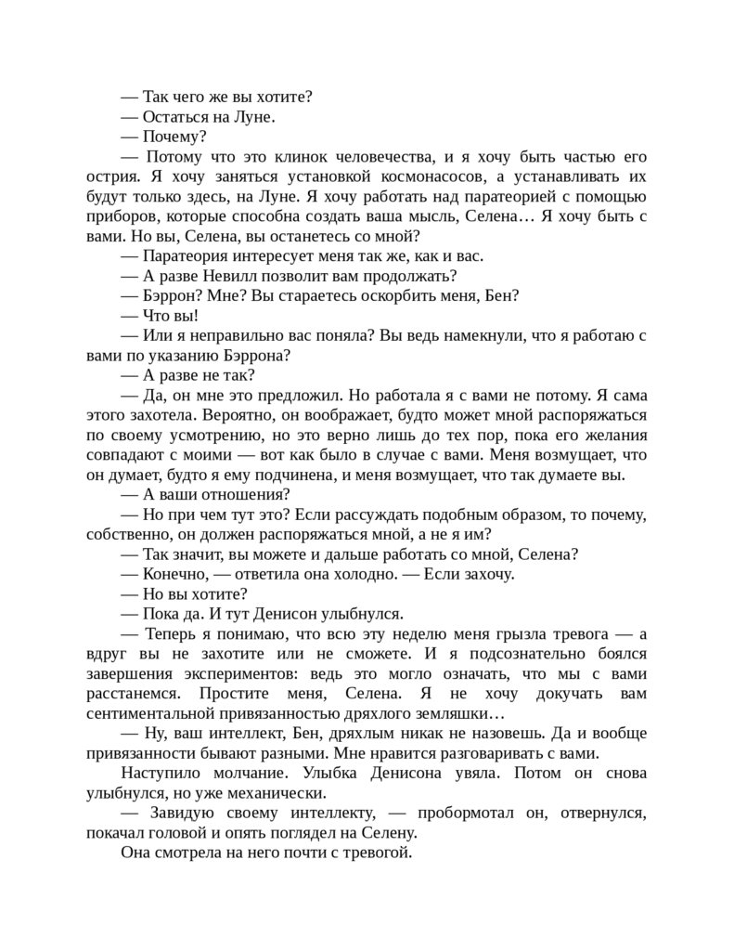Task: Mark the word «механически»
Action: point(283,793)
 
